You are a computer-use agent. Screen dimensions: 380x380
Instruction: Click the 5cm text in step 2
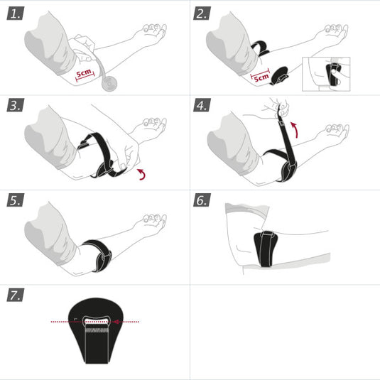[x=262, y=75]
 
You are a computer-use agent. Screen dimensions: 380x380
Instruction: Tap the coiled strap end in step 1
[x=109, y=82]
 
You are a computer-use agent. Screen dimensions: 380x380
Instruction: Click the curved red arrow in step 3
[x=143, y=175]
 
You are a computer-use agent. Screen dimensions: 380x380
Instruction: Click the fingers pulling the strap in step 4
[x=281, y=109]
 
